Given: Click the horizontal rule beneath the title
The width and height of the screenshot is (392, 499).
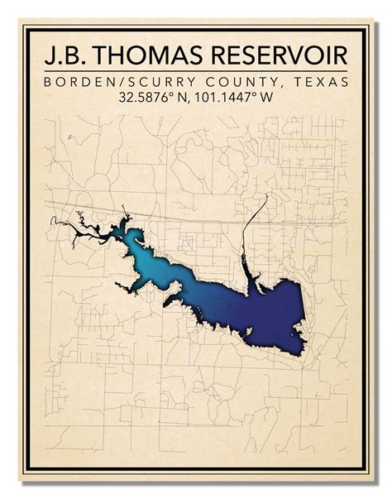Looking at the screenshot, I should [x=196, y=73].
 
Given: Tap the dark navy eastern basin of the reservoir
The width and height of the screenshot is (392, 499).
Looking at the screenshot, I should [x=273, y=310].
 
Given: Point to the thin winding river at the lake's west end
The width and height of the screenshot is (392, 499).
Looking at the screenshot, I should [x=70, y=224].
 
